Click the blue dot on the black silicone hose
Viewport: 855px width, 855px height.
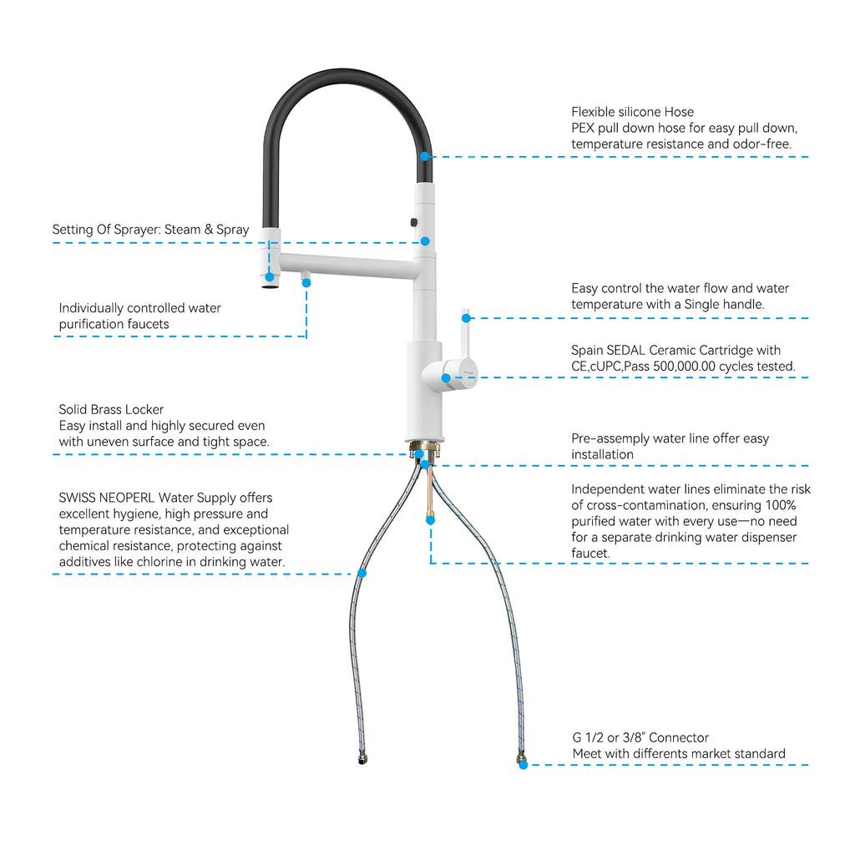coord(424,156)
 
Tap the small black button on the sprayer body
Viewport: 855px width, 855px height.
coord(414,222)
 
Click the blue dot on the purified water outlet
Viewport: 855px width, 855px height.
coord(306,283)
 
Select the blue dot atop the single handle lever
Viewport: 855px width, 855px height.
coord(466,318)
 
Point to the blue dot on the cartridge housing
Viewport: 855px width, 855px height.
coord(446,378)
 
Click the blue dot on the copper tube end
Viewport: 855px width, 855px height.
coord(430,521)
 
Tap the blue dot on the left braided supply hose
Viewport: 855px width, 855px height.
coord(362,573)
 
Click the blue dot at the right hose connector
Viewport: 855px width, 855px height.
coord(524,765)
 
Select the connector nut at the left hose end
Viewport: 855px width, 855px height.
coord(362,759)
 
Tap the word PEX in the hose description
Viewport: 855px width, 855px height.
coord(583,128)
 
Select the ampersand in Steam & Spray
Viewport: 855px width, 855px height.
coord(209,230)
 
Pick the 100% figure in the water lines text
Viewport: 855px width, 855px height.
coord(781,505)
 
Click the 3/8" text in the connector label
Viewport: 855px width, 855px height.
coord(634,738)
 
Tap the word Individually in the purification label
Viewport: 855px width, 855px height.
coord(91,309)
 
